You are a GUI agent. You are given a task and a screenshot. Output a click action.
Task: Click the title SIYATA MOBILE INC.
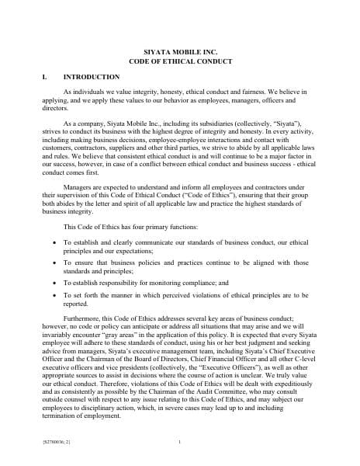(179, 49)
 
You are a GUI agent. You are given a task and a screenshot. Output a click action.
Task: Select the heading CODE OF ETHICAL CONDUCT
(179, 60)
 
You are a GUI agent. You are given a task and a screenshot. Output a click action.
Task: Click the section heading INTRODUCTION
(91, 77)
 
